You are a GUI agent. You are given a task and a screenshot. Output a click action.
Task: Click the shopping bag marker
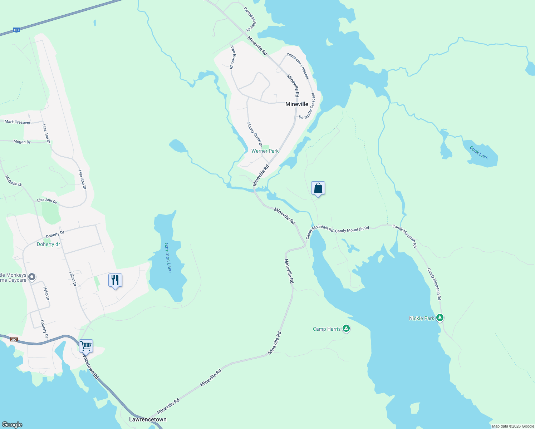coord(318,188)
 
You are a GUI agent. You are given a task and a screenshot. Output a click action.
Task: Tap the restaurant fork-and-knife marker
coord(115,280)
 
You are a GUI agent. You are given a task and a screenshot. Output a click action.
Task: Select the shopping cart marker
coord(86,346)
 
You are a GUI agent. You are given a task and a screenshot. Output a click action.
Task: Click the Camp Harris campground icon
coord(346,329)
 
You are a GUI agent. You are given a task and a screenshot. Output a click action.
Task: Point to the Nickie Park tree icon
coord(440,318)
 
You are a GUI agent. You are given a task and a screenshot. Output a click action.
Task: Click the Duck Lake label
coord(479,153)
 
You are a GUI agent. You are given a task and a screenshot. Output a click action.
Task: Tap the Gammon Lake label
coord(168,257)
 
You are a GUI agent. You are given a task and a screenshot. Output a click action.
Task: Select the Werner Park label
coord(265,151)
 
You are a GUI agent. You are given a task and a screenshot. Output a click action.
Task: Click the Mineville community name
coord(296,104)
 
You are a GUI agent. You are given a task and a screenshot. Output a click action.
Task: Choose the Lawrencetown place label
coord(148,419)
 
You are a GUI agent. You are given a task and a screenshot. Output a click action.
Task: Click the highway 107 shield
coord(16,30)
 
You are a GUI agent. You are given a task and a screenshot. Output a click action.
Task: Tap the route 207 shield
coord(14,339)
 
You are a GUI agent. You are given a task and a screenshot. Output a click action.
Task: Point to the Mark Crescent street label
coord(18,122)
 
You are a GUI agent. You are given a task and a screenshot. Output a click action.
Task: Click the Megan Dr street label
coord(22,142)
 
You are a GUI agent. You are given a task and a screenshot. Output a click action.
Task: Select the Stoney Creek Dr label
coord(255,134)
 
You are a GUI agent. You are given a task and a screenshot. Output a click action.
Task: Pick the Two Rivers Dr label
coord(232,57)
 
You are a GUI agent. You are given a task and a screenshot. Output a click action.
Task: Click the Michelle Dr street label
coord(14,181)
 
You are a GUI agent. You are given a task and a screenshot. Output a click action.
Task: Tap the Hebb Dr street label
coord(46,293)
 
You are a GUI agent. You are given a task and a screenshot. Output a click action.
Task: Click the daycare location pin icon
coord(32,277)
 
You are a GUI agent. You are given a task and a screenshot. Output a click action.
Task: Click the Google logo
coord(12,425)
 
